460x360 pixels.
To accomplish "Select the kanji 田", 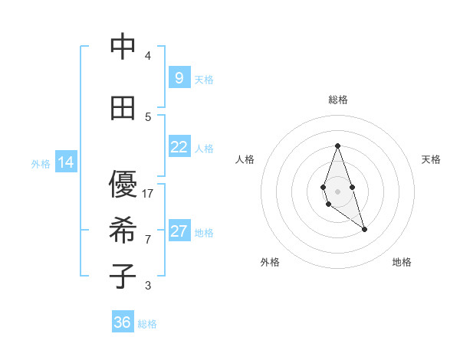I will [x=123, y=108].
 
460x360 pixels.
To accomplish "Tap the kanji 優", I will [x=123, y=186].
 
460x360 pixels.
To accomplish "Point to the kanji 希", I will [x=123, y=231].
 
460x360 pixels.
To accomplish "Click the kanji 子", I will [x=123, y=277].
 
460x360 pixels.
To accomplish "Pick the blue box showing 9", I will [x=179, y=78].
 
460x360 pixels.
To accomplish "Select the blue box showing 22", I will [x=179, y=147].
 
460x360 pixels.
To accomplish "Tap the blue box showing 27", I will [x=179, y=231].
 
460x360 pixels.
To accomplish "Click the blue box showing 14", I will [x=66, y=162].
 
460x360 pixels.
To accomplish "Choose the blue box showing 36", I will [x=123, y=322].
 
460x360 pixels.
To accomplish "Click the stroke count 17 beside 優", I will [x=148, y=194].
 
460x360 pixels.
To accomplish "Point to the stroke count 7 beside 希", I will [x=148, y=239].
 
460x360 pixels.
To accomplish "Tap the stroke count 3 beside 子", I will [x=148, y=286].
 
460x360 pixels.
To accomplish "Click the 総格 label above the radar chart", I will [x=338, y=100].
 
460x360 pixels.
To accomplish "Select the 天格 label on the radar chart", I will [x=432, y=159].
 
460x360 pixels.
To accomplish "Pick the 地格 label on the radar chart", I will [x=402, y=262].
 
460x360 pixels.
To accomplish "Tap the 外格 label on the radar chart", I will [x=270, y=262].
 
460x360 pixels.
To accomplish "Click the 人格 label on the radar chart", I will [x=245, y=159].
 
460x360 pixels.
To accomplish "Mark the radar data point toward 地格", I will [x=365, y=229].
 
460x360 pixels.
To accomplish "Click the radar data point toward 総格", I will [x=337, y=146].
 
